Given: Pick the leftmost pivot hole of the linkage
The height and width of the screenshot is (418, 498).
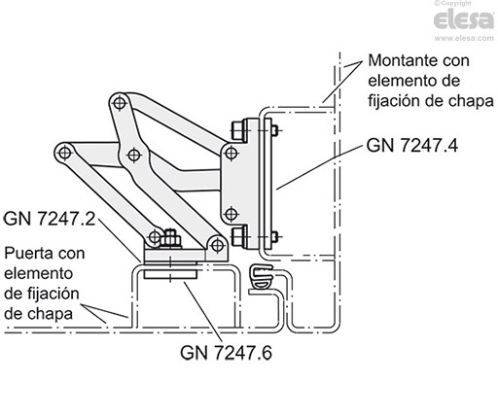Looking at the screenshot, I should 63,154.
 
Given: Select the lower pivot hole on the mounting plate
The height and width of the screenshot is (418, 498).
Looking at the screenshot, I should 231,214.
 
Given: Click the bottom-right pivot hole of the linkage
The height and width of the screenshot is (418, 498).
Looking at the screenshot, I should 213,242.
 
